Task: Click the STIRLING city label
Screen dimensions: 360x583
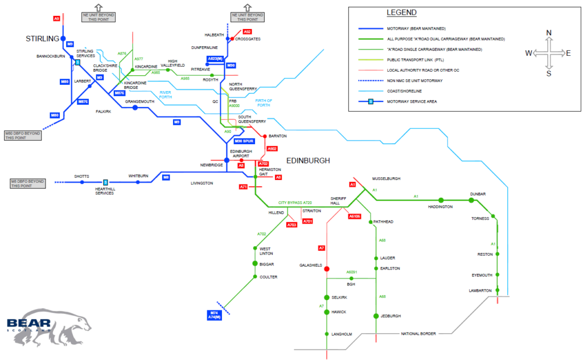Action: click(x=43, y=38)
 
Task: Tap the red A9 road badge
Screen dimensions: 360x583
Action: click(x=56, y=19)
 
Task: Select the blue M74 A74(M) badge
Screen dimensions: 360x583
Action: click(x=214, y=315)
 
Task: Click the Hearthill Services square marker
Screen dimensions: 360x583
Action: click(x=105, y=182)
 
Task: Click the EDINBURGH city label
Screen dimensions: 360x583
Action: click(x=308, y=161)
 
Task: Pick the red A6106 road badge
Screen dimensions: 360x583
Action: click(x=355, y=216)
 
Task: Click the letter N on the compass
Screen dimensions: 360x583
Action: click(x=549, y=32)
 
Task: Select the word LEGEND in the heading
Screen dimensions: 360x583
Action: click(x=401, y=13)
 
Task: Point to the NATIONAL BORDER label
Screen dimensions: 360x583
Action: click(x=418, y=333)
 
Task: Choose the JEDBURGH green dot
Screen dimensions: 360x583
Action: click(x=376, y=316)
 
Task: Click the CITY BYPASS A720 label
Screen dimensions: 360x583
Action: click(x=295, y=203)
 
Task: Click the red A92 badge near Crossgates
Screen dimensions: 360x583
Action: click(x=247, y=31)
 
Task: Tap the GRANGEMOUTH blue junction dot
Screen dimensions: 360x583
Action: click(x=135, y=107)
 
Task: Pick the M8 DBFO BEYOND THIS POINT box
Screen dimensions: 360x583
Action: click(x=27, y=183)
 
